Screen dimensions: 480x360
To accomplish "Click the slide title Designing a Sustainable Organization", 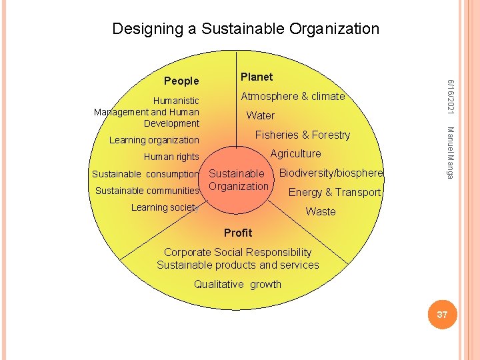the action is tap(245, 29).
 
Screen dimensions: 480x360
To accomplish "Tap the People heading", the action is tap(181, 81).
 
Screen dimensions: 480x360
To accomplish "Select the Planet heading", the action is tap(257, 77).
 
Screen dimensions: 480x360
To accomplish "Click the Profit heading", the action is tap(238, 233).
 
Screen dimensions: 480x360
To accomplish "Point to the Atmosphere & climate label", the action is tap(293, 97).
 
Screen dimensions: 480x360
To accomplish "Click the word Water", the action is tap(260, 115).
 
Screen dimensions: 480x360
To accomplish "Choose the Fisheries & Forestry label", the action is tap(303, 135).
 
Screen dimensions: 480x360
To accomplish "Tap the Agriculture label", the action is tap(295, 153).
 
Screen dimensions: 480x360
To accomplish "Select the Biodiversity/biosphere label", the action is tap(331, 173).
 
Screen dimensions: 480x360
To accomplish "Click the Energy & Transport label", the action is tap(334, 193).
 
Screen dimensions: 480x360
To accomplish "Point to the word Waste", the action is tap(321, 212).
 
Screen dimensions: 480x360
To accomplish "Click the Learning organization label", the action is tap(154, 140).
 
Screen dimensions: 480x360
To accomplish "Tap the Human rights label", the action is tap(171, 157).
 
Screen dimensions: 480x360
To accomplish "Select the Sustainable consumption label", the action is tap(145, 175).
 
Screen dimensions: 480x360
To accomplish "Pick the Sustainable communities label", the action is tap(147, 191).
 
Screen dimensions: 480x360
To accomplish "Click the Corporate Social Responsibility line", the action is tap(237, 252).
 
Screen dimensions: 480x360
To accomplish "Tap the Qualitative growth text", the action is tap(237, 284).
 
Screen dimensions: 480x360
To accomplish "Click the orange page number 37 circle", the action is tap(442, 315).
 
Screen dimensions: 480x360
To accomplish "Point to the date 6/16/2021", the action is tap(451, 96).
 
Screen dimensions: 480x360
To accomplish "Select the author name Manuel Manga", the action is tap(451, 152).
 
